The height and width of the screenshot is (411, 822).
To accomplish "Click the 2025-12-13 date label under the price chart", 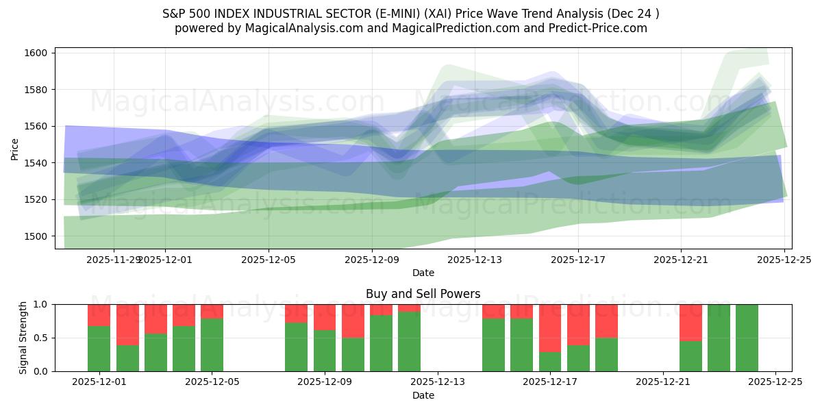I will (475, 260).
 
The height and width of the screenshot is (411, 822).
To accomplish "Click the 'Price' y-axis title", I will (15, 148).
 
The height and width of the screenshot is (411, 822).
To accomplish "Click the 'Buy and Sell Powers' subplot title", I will (423, 294).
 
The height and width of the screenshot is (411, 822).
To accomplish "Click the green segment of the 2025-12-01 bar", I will (99, 349).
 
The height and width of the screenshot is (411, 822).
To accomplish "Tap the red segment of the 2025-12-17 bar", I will (550, 328).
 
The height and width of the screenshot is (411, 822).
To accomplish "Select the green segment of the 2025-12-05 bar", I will (212, 345).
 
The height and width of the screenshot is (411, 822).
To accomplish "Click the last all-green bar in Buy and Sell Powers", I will (747, 338).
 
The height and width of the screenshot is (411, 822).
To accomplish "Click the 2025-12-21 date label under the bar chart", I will (663, 382).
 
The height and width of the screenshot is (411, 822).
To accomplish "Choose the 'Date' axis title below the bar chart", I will (423, 395).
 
